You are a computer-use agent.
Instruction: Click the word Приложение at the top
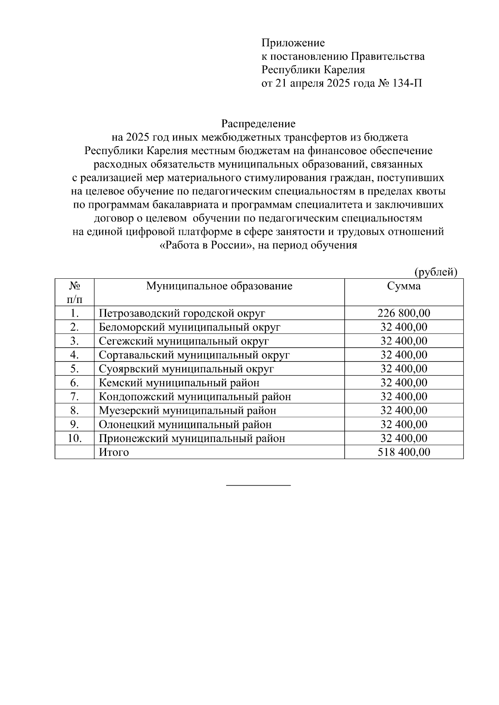(293, 43)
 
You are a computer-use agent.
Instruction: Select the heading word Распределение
(258, 124)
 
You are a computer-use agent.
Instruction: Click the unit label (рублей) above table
(435, 272)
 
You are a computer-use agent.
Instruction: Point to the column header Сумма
(403, 286)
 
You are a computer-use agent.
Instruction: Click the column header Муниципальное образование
(219, 286)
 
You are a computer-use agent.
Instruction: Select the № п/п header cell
(74, 292)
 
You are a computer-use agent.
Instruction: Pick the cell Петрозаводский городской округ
(182, 313)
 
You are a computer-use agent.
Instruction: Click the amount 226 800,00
(403, 313)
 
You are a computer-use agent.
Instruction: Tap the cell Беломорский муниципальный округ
(190, 327)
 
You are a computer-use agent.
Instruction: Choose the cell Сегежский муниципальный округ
(184, 341)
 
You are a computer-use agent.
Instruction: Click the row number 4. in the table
(74, 355)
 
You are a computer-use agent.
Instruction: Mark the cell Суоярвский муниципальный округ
(186, 369)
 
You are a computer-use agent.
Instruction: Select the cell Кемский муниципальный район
(179, 383)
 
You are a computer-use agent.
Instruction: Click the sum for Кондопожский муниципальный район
(403, 397)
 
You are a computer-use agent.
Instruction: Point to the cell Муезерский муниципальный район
(188, 410)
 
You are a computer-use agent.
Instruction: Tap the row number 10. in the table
(74, 438)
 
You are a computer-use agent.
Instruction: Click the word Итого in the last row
(114, 452)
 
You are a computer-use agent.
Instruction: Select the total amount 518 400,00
(403, 452)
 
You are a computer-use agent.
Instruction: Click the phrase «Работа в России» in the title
(207, 246)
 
